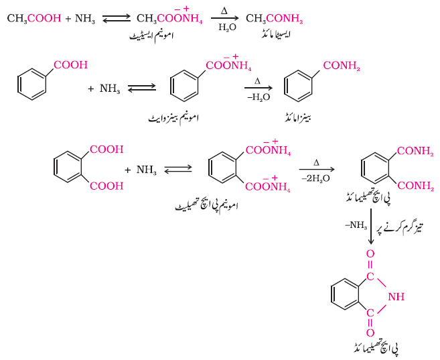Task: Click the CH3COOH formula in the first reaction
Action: point(34,19)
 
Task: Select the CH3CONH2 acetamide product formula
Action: point(275,19)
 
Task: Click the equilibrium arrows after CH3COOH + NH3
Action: point(117,19)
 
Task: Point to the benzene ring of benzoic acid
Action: point(31,84)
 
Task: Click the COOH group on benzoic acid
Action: point(71,65)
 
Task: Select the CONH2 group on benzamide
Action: point(342,66)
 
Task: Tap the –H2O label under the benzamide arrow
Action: point(259,97)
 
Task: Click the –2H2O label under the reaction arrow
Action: point(315,178)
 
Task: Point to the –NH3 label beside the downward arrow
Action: point(356,225)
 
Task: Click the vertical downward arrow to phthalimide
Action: point(371,227)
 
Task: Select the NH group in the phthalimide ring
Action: point(396,296)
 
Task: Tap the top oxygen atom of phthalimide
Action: point(370,253)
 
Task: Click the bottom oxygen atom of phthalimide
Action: point(370,333)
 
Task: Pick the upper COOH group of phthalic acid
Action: point(106,149)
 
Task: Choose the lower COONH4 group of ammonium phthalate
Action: point(268,184)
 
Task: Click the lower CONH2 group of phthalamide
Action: point(416,186)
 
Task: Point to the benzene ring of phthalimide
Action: point(345,294)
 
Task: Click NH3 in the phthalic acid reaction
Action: point(147,170)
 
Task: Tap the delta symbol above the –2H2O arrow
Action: point(317,163)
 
